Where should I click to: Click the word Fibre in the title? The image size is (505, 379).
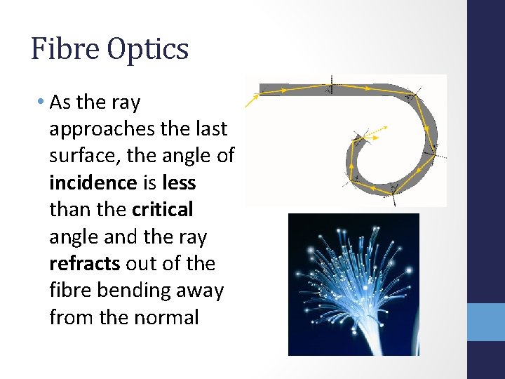coord(64,49)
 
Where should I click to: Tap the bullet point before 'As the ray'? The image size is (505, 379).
coord(41,102)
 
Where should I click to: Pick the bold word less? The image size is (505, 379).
coord(179,183)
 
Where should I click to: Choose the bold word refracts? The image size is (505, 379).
coord(84,264)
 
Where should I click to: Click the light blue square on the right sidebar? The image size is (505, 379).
coord(486,321)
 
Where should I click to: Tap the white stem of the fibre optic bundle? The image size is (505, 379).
coord(351,344)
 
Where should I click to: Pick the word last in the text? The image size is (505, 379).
coord(212,130)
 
